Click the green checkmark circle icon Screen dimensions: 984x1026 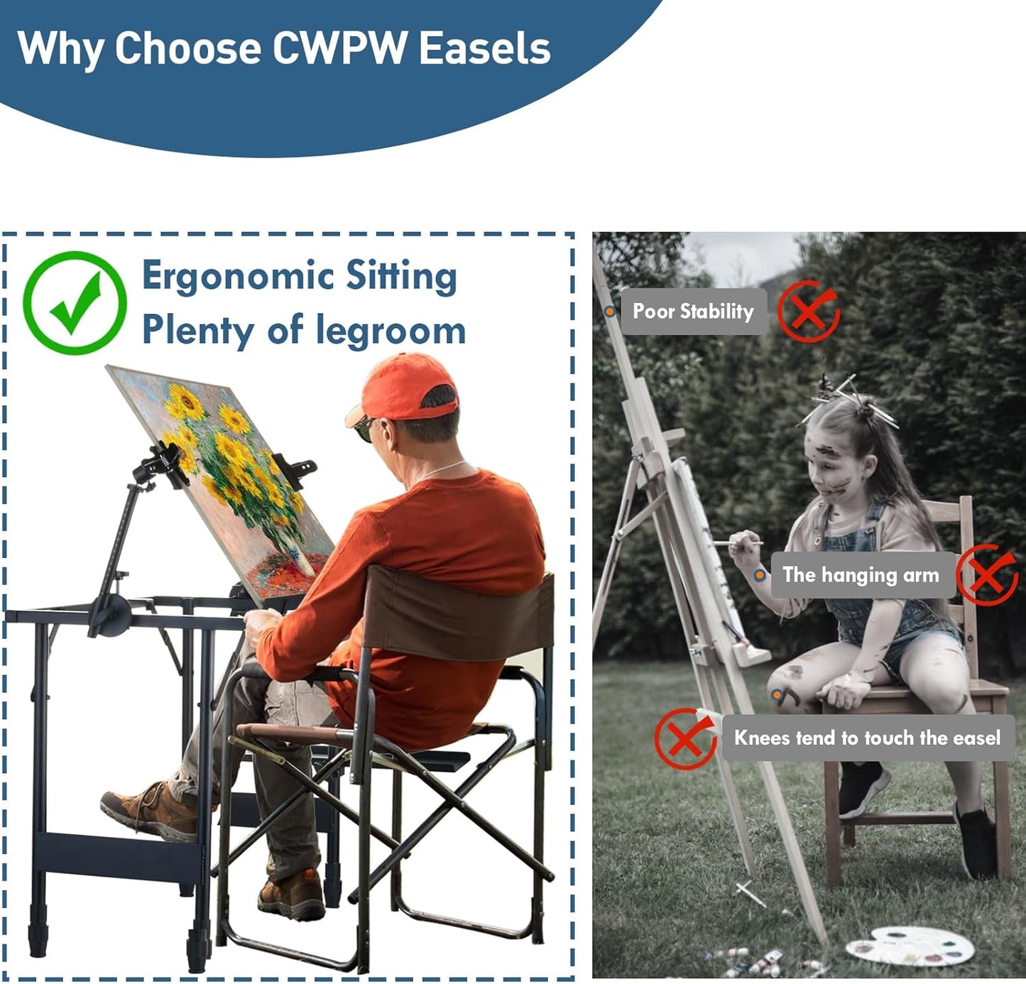(x=75, y=302)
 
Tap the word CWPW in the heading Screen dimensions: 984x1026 (x=340, y=48)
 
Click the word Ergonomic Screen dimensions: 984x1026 (x=237, y=275)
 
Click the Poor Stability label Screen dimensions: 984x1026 (x=693, y=311)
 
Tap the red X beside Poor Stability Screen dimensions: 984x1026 (x=808, y=311)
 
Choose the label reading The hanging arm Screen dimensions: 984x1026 (x=861, y=574)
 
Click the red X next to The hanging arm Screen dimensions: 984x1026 (x=987, y=575)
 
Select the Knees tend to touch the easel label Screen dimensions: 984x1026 (x=867, y=738)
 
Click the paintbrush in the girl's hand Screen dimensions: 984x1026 (x=738, y=543)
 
